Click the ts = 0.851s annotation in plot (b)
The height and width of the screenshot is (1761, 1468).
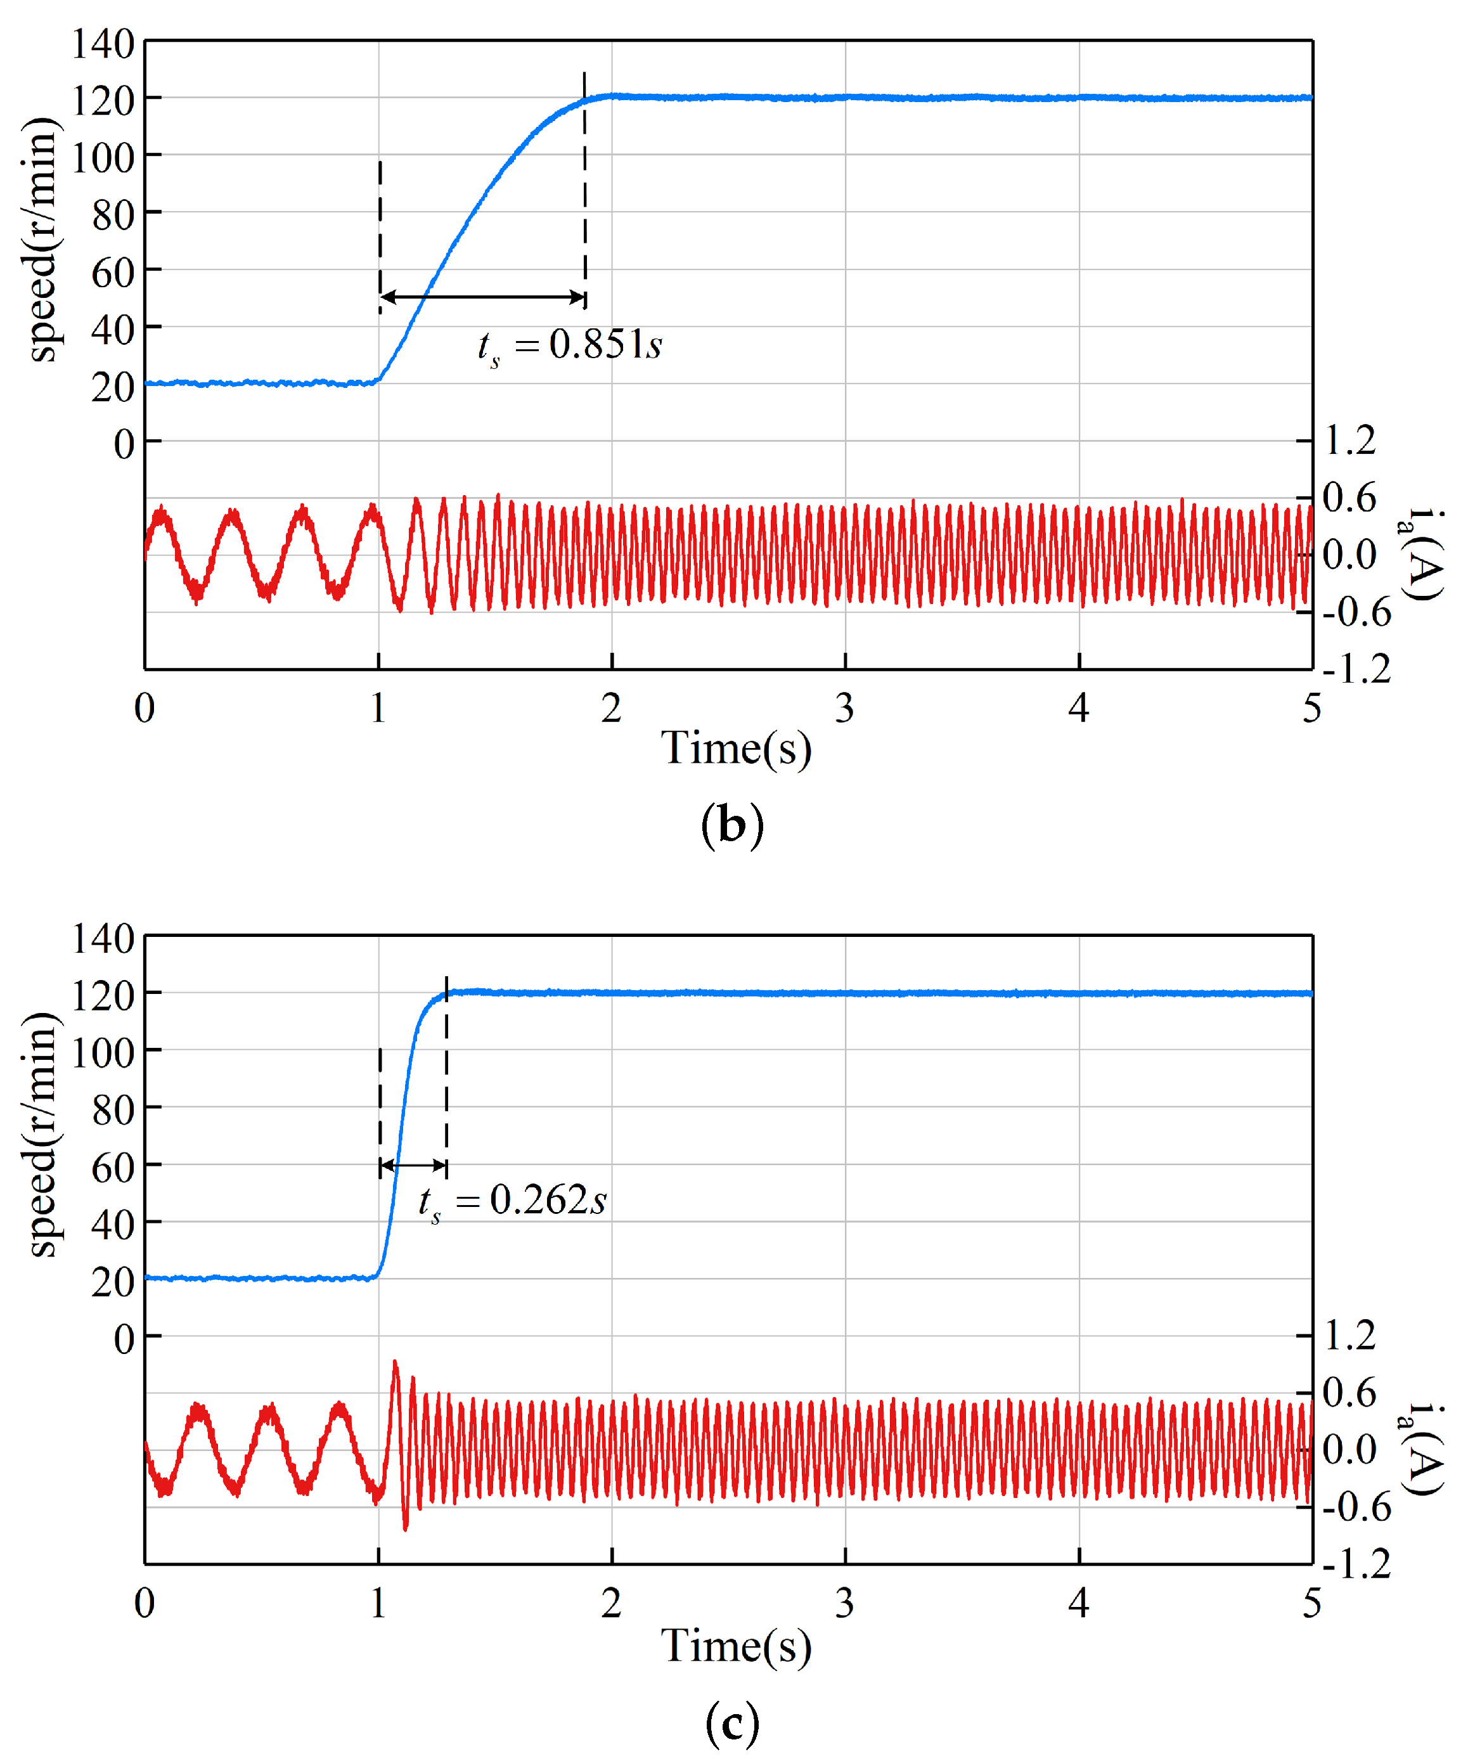[570, 345]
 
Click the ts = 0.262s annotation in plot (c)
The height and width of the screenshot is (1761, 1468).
[512, 1201]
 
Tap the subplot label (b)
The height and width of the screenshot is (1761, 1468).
[732, 825]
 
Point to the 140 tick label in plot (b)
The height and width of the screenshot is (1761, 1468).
[102, 44]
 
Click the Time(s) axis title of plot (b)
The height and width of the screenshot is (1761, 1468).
[736, 748]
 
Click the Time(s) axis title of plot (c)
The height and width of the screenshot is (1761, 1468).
[736, 1645]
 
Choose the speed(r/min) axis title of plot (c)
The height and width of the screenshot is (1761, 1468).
[42, 1135]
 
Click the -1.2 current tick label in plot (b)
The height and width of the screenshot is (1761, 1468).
[1356, 669]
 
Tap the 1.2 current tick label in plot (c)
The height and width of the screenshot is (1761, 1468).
[1349, 1336]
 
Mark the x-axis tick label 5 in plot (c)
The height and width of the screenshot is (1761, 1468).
[1311, 1603]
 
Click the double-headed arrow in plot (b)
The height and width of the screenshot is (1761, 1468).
[483, 297]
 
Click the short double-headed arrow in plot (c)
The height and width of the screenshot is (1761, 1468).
[413, 1166]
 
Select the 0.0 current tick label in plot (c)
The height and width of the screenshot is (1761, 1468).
[1349, 1450]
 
